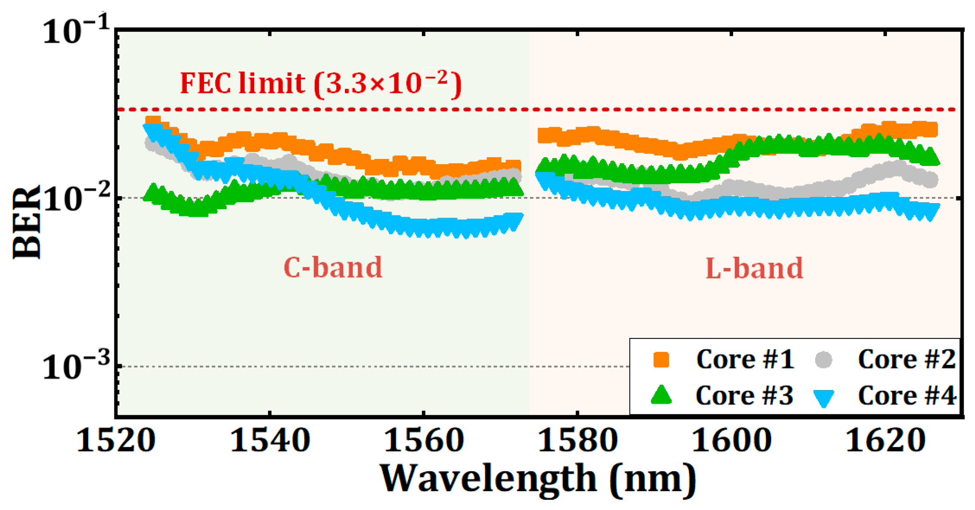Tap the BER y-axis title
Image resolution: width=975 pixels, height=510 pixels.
26,223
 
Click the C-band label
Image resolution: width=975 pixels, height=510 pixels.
333,267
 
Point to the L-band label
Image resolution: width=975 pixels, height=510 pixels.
754,268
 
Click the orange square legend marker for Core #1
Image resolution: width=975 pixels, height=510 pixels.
661,360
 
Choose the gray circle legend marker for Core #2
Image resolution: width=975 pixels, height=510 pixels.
823,360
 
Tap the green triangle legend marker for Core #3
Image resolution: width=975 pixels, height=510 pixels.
661,395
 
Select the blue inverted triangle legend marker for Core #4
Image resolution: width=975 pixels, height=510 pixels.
823,397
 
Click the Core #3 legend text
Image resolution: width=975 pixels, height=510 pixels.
744,396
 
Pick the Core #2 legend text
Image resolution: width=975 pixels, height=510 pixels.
906,360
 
